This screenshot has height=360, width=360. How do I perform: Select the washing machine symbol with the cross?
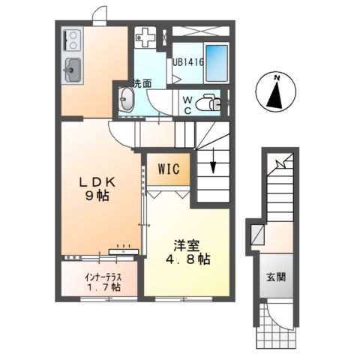pyautogui.click(x=147, y=37)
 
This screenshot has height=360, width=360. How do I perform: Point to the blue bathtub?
pyautogui.click(x=216, y=59)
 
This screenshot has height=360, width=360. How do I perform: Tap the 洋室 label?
pyautogui.click(x=187, y=244)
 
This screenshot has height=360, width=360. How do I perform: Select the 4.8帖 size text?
pyautogui.click(x=187, y=259)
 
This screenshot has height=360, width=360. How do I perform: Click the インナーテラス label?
pyautogui.click(x=100, y=276)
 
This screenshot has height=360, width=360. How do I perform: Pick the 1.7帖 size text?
pyautogui.click(x=100, y=287)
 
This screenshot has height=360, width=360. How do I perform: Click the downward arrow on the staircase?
pyautogui.click(x=213, y=161)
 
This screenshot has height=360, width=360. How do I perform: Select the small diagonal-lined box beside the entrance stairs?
pyautogui.click(x=257, y=232)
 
